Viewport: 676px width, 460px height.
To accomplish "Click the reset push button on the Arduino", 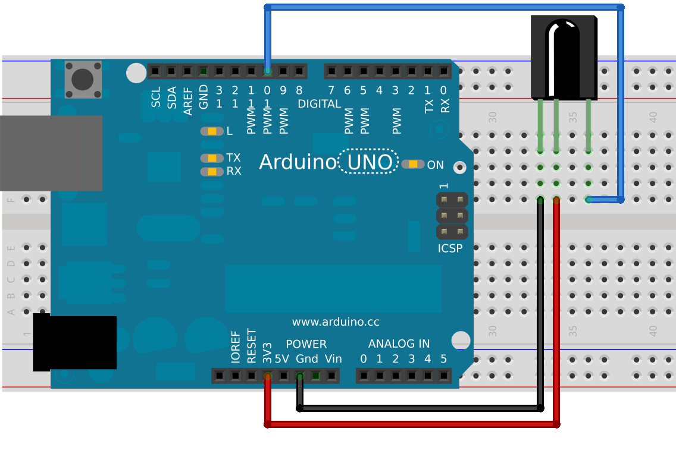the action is pos(83,79).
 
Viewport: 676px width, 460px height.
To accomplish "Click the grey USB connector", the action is pos(51,153).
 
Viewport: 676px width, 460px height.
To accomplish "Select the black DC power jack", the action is pos(74,342).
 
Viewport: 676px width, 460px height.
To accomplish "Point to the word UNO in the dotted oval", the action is pos(370,162).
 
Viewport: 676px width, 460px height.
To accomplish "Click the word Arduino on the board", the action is pos(298,162).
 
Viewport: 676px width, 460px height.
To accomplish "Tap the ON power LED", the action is pos(413,164).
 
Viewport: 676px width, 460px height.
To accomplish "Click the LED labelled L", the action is pos(212,131).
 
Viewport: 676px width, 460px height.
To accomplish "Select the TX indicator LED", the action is pos(212,158).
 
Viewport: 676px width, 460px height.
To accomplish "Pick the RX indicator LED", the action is pos(212,171).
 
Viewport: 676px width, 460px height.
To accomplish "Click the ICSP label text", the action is pos(450,248).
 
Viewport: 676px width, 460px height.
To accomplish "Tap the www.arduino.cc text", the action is pos(336,322).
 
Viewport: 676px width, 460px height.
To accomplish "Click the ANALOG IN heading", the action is pos(399,344).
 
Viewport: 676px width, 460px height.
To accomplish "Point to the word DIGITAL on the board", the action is pos(319,104).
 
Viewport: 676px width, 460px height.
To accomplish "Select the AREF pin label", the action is pos(187,101).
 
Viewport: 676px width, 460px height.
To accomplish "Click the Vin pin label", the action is pos(333,359).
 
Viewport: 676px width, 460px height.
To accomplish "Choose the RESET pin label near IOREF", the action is pos(251,346).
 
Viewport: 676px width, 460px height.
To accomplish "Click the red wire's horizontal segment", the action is pos(412,425).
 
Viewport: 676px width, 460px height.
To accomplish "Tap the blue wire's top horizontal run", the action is pos(444,7).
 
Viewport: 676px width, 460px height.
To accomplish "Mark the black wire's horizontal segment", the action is pos(420,408).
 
